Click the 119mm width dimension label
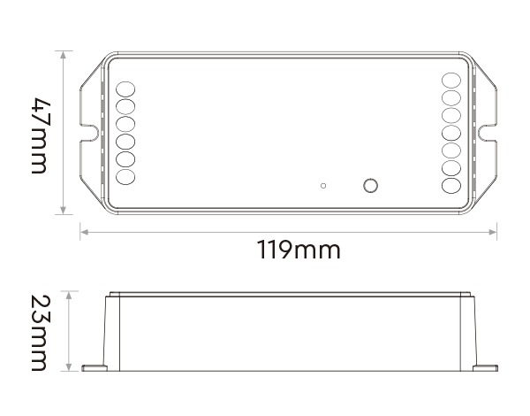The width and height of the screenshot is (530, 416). (x=299, y=250)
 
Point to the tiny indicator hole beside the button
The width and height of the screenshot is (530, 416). (x=324, y=185)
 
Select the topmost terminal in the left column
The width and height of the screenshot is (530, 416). (x=126, y=89)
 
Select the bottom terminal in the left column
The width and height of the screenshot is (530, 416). (x=126, y=176)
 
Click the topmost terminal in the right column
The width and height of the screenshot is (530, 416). (x=451, y=80)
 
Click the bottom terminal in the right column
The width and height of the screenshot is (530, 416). (x=451, y=186)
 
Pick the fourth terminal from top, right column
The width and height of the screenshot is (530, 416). (x=451, y=134)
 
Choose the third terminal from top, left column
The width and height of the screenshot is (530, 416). (x=126, y=124)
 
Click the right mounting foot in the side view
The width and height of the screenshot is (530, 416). (x=484, y=366)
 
